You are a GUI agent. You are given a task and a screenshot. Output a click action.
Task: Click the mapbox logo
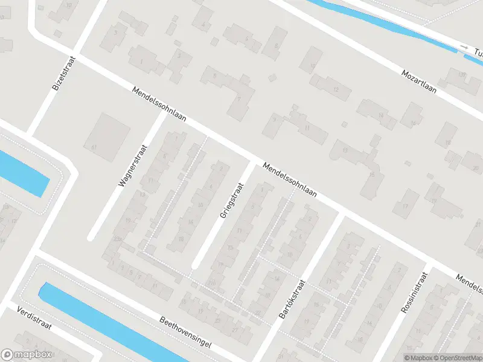click(x=27, y=355)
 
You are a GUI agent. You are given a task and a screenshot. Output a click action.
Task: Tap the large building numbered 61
click(x=109, y=136)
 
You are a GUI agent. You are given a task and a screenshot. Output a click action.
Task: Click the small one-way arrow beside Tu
click(x=464, y=47)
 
